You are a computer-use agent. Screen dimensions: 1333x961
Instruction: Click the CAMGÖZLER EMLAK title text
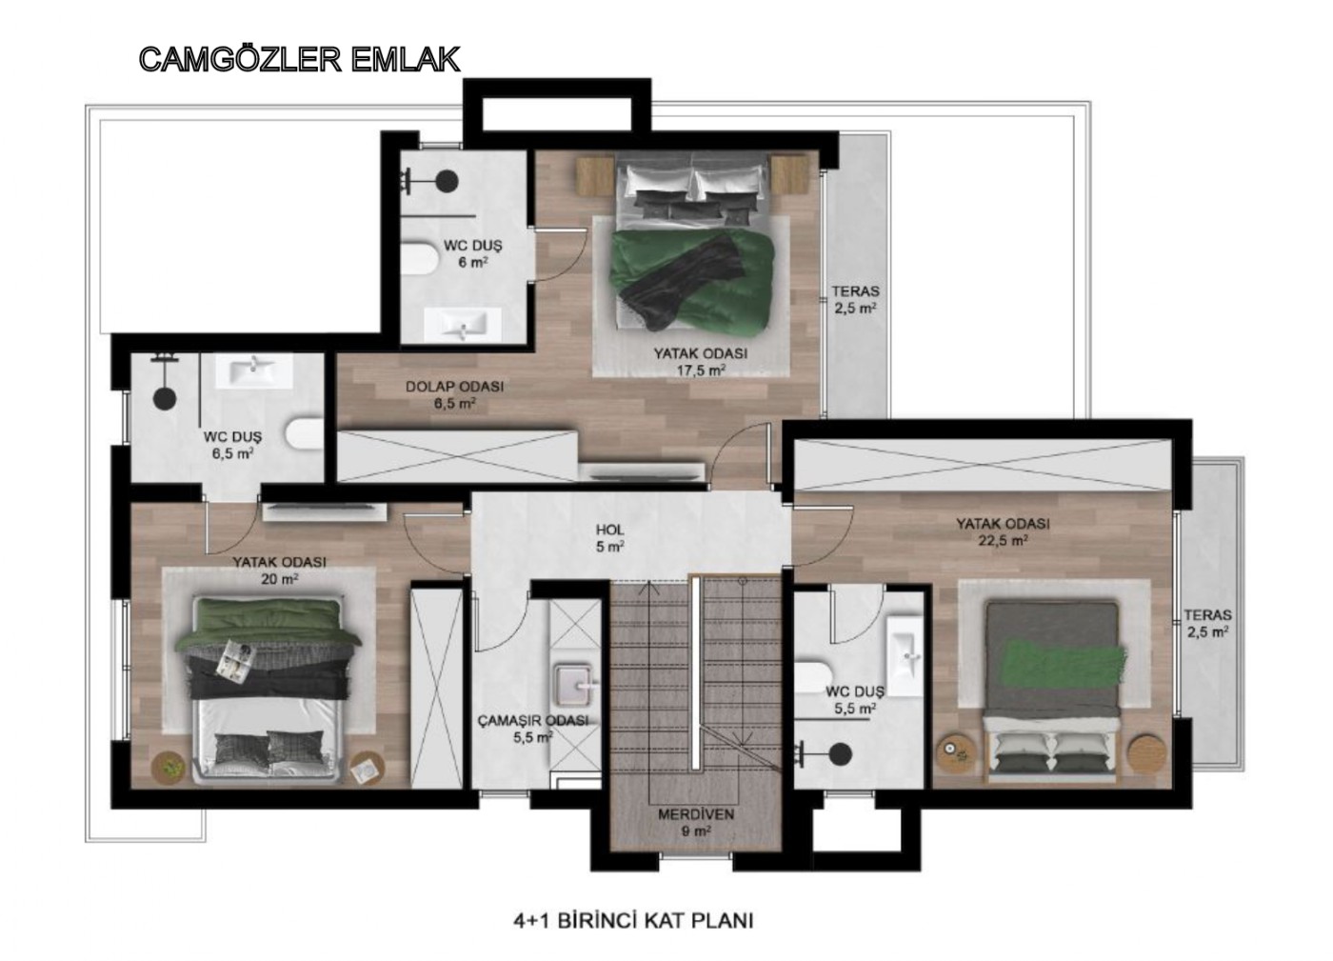300,60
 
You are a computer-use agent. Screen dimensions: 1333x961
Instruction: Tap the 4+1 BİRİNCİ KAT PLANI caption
633,920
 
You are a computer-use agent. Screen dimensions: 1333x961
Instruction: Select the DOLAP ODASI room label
455,394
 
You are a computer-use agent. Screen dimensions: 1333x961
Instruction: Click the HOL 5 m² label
610,538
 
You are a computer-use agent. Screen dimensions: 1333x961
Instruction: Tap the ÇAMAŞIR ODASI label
533,729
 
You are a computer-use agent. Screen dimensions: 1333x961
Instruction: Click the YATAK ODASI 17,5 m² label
701,361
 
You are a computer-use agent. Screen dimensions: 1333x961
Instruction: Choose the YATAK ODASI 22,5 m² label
1003,531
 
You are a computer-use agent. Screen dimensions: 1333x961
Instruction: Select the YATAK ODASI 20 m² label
279,570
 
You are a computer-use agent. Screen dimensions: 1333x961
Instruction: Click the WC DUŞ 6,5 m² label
232,445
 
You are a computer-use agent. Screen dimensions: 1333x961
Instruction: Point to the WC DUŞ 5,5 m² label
855,700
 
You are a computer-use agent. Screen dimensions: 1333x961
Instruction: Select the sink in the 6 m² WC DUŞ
463,325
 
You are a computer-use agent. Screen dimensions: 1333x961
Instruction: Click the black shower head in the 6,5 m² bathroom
164,398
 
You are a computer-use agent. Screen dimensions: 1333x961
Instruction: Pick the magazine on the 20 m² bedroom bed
236,661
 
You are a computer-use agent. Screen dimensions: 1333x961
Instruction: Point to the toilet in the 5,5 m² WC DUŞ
810,675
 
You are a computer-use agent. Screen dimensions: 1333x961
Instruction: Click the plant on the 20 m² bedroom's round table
171,768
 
